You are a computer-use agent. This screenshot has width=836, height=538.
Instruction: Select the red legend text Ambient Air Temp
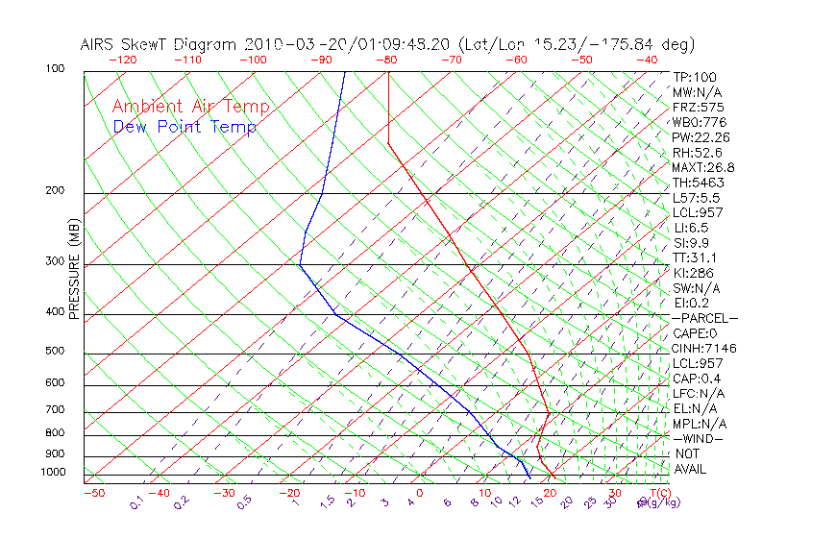[x=191, y=107]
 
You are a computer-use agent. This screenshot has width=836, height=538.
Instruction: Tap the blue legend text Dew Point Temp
[x=184, y=127]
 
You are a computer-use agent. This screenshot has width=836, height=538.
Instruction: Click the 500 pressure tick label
[x=56, y=351]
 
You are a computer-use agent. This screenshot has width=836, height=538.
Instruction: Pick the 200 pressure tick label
[x=56, y=191]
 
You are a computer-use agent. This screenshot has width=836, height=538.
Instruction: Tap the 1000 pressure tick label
[x=53, y=473]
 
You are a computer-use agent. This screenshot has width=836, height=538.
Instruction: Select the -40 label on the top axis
[x=647, y=60]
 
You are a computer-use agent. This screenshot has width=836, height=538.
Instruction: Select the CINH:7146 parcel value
[x=704, y=348]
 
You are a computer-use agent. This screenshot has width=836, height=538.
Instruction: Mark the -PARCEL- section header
[x=704, y=318]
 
